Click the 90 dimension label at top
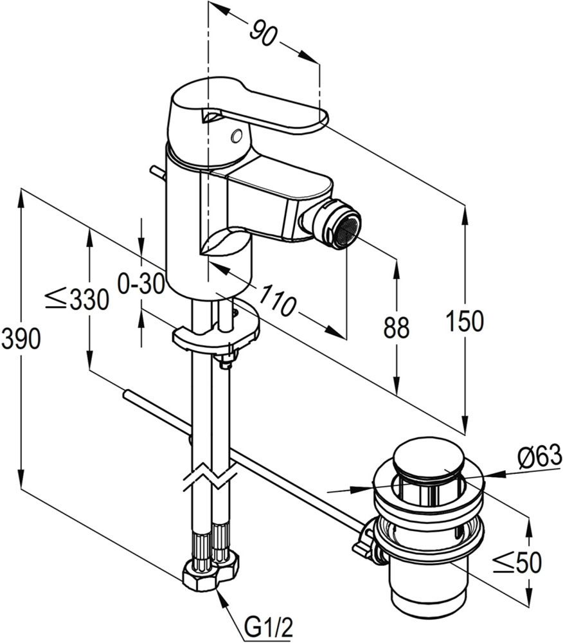(263, 32)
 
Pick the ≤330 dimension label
(77, 299)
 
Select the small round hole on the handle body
(237, 135)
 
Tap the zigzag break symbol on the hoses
(210, 478)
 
